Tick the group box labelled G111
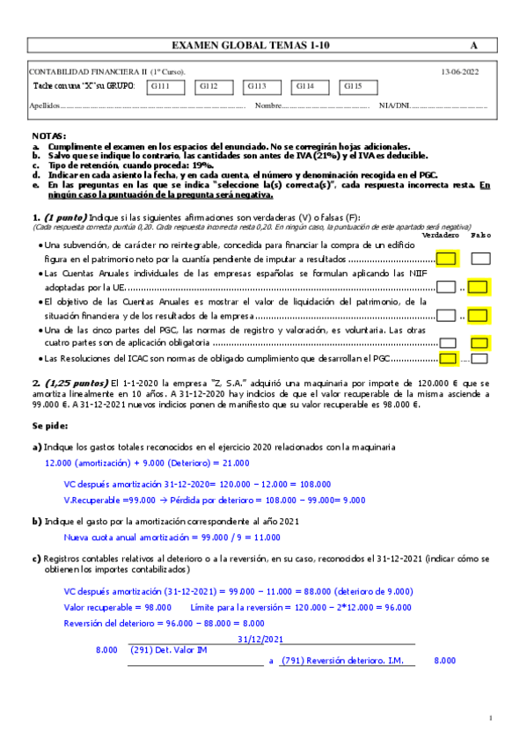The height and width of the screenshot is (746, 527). tap(165, 86)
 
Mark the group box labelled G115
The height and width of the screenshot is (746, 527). tap(358, 86)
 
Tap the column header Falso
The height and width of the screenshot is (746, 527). tap(480, 235)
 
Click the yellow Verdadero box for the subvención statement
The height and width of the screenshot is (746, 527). tap(446, 259)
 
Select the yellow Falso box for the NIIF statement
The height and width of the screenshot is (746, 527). tap(479, 286)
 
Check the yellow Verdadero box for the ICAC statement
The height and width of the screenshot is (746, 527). tap(447, 358)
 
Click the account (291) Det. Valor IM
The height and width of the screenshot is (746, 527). tap(167, 651)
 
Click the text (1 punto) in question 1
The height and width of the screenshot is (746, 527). tap(62, 217)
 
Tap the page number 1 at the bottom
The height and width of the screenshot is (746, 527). tap(491, 719)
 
